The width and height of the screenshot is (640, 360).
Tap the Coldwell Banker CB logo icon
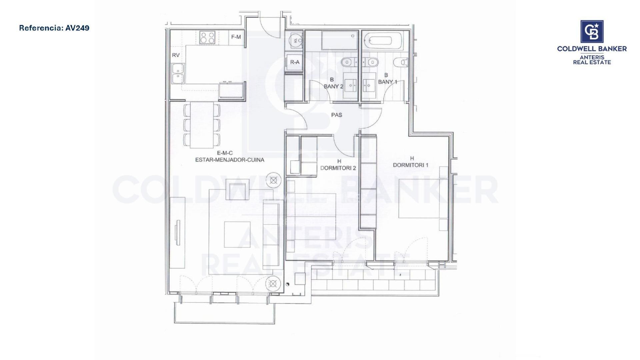pyautogui.click(x=592, y=32)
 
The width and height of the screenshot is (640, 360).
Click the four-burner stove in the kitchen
pyautogui.click(x=207, y=37)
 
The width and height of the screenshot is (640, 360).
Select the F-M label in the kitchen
pyautogui.click(x=236, y=37)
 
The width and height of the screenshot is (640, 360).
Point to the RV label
pyautogui.click(x=176, y=55)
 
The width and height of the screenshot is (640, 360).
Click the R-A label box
pyautogui.click(x=295, y=62)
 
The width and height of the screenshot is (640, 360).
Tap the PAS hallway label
pyautogui.click(x=337, y=115)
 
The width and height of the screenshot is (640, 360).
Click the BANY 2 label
pyautogui.click(x=333, y=86)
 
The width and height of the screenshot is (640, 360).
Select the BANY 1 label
pyautogui.click(x=387, y=82)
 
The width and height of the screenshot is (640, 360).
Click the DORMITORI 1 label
pyautogui.click(x=410, y=165)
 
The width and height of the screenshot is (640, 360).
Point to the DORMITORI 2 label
pyautogui.click(x=338, y=168)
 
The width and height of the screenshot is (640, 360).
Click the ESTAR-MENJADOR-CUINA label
pyautogui.click(x=230, y=160)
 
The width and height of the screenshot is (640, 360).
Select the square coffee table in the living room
pyautogui.click(x=237, y=234)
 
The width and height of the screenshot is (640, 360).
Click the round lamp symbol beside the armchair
pyautogui.click(x=274, y=180)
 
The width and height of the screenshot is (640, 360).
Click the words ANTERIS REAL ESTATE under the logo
pyautogui.click(x=592, y=60)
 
